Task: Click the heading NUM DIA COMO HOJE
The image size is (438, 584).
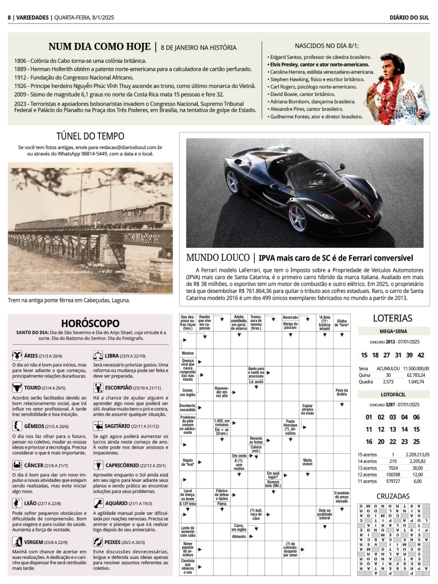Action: pyautogui.click(x=99, y=47)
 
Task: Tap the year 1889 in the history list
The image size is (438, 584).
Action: pyautogui.click(x=21, y=69)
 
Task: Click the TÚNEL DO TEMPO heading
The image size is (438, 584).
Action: pyautogui.click(x=90, y=136)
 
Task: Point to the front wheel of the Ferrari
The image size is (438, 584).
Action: pyautogui.click(x=298, y=219)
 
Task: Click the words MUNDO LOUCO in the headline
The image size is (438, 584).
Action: pyautogui.click(x=218, y=258)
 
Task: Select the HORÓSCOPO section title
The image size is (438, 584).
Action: pyautogui.click(x=90, y=323)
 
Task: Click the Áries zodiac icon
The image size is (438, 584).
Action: pyautogui.click(x=17, y=355)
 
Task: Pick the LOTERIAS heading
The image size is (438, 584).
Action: pyautogui.click(x=392, y=318)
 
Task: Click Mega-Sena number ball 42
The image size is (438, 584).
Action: pyautogui.click(x=421, y=355)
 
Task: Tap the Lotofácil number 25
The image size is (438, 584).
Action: pyautogui.click(x=416, y=441)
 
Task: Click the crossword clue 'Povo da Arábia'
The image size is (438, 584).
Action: pyautogui.click(x=341, y=392)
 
